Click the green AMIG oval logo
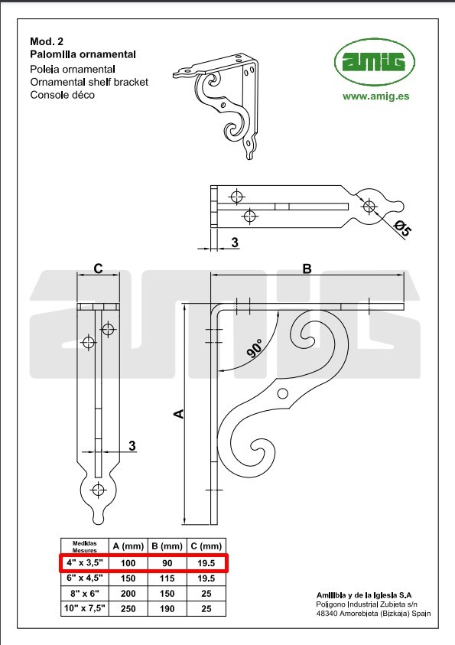pos(375,62)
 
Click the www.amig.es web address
pos(375,96)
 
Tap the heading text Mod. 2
pos(47,41)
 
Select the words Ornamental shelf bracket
pos(89,82)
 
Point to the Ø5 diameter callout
pos(402,228)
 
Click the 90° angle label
pos(255,348)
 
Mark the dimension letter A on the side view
pos(179,414)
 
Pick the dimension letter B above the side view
pos(307,269)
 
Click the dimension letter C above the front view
pos(98,269)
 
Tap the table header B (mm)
pos(167,546)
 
